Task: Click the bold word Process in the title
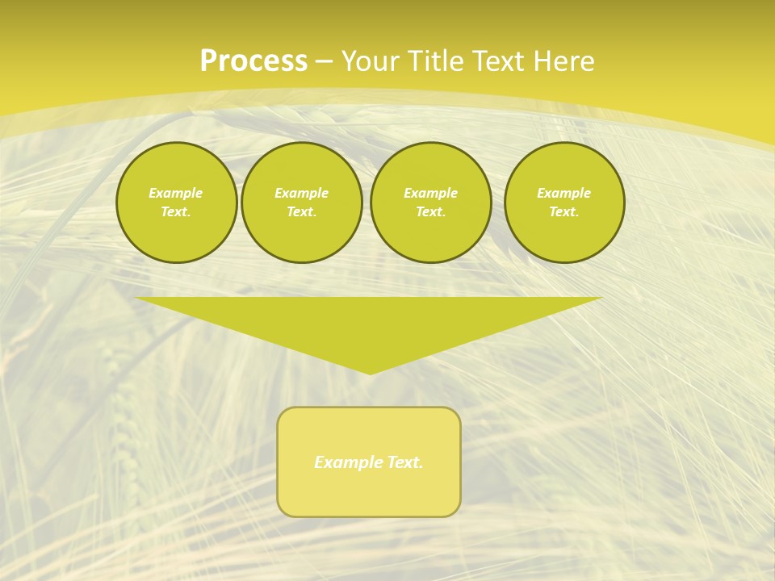pyautogui.click(x=253, y=61)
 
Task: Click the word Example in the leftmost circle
pyautogui.click(x=176, y=193)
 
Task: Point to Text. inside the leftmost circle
pyautogui.click(x=176, y=212)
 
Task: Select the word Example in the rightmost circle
pyautogui.click(x=564, y=193)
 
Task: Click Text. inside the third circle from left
pyautogui.click(x=430, y=212)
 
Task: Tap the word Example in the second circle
pyautogui.click(x=302, y=193)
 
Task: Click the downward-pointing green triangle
pyautogui.click(x=369, y=323)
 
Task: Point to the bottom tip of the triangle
pyautogui.click(x=369, y=372)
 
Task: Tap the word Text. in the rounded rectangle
pyautogui.click(x=404, y=462)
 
